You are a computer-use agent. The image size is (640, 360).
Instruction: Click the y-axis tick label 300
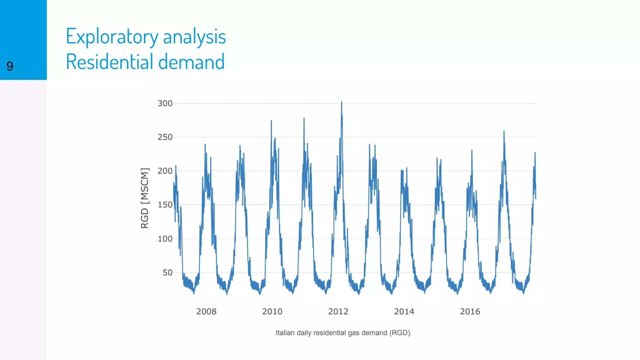click(x=165, y=103)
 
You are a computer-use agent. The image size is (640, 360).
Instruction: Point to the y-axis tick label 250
click(x=165, y=137)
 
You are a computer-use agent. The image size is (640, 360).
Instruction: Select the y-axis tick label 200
click(x=165, y=171)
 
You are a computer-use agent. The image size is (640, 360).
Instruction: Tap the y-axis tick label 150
click(x=165, y=205)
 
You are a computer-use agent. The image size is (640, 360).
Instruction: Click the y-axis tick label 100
click(x=165, y=239)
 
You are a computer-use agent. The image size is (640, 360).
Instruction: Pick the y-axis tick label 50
click(x=167, y=272)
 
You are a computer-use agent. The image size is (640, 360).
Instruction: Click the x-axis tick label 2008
click(x=206, y=312)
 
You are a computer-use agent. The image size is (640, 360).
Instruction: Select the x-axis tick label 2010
click(x=272, y=312)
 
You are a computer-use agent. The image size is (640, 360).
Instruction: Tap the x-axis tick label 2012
click(x=338, y=312)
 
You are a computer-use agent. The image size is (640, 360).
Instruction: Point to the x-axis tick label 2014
click(x=404, y=312)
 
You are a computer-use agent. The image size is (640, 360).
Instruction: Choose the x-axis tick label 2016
click(x=470, y=312)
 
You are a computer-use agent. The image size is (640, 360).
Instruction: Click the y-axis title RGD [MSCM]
click(x=145, y=198)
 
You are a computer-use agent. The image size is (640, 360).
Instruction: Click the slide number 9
click(x=10, y=66)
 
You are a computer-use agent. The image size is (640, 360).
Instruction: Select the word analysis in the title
click(x=194, y=37)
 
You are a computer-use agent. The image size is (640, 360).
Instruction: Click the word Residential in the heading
click(x=110, y=62)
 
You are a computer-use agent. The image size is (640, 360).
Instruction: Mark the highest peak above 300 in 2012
click(x=342, y=102)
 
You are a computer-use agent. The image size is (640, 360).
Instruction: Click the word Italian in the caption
click(x=285, y=333)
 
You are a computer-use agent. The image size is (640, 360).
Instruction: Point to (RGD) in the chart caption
click(x=400, y=333)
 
